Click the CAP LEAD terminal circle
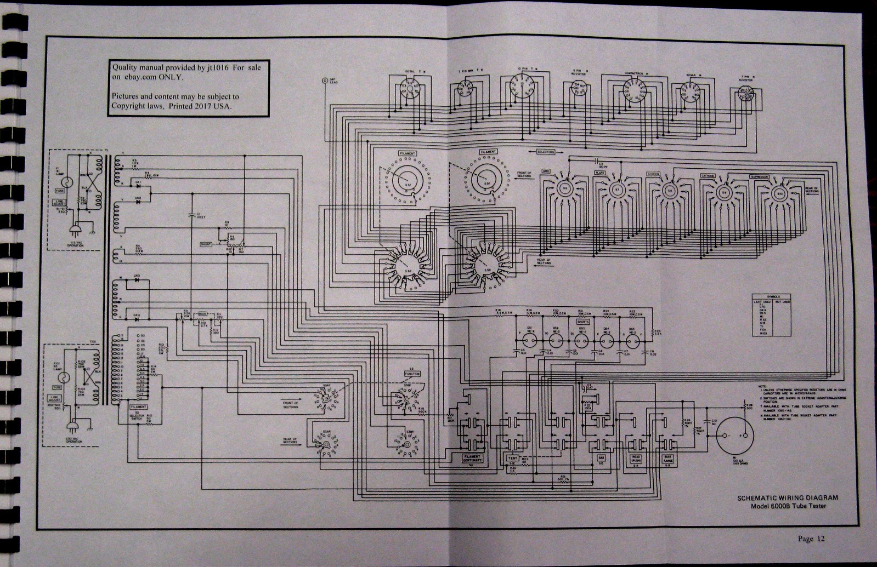(325, 80)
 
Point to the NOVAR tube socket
(689, 91)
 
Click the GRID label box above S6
(545, 172)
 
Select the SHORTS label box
(582, 322)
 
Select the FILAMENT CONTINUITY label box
(472, 459)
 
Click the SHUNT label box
(206, 244)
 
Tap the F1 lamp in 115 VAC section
(63, 181)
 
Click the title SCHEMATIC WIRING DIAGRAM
(787, 497)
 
